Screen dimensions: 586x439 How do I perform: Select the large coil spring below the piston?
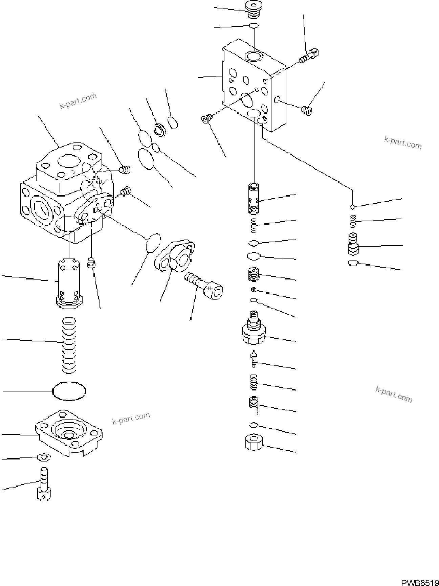[x=69, y=345]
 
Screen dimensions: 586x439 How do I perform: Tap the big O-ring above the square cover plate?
[x=69, y=391]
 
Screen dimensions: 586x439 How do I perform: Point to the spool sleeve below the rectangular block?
[x=254, y=198]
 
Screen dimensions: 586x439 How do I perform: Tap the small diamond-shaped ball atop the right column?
[x=352, y=206]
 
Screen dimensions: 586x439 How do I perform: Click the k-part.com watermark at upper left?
[x=78, y=101]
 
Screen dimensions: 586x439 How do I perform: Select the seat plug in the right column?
[x=353, y=244]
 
